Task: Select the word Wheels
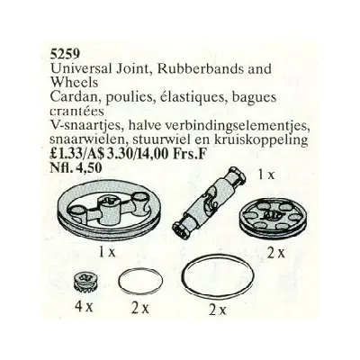pyautogui.click(x=74, y=82)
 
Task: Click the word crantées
pyautogui.click(x=77, y=111)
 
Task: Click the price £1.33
pyautogui.click(x=67, y=155)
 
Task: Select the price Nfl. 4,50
pyautogui.click(x=76, y=167)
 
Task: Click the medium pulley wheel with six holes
pyautogui.click(x=266, y=219)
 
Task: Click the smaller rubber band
pyautogui.click(x=141, y=282)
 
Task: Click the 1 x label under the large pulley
pyautogui.click(x=107, y=253)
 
